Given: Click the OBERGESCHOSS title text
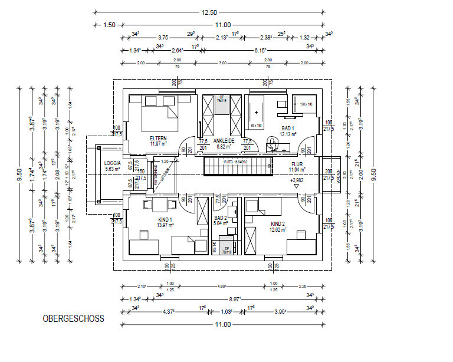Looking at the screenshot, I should pos(73,319).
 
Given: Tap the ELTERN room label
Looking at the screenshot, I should pos(159,138).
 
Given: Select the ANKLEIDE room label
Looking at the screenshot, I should pos(224,140).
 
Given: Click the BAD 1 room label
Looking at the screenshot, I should pos(288,129).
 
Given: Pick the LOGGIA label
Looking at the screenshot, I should pos(112,163).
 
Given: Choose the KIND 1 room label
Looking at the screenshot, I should pos(165,219).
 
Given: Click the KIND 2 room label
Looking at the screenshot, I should pos(278,225).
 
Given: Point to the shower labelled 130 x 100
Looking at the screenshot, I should pos(305,104).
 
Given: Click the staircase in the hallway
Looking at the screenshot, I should pos(239,167).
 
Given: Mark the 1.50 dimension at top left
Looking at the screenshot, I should pos(109,25).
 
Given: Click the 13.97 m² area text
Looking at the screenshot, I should pos(165,225).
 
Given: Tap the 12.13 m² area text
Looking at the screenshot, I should pos(288,134).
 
